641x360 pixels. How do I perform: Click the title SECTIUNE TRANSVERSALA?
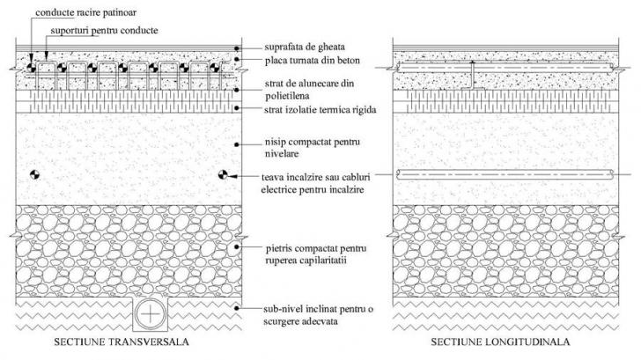122,342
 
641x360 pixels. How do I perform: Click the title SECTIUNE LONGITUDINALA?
500,342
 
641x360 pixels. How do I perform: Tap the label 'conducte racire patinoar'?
86,12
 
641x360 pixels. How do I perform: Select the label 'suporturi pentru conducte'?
104,31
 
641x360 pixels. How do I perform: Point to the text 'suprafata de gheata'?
305,47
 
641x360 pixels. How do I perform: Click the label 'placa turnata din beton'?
313,61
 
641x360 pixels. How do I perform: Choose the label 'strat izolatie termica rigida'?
320,110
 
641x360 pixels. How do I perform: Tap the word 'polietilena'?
287,97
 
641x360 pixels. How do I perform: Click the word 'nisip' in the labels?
276,143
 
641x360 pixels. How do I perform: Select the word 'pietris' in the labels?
278,248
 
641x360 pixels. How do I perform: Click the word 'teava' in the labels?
273,177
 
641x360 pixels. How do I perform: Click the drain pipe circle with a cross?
151,314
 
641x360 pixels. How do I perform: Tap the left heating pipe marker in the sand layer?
34,175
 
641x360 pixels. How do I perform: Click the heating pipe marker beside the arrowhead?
223,175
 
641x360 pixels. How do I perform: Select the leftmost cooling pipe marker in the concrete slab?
32,68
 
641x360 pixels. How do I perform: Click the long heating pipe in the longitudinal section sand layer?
505,175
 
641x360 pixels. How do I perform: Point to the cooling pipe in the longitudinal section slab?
505,68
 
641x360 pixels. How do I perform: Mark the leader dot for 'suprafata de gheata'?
237,48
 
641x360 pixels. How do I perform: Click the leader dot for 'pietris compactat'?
237,246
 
